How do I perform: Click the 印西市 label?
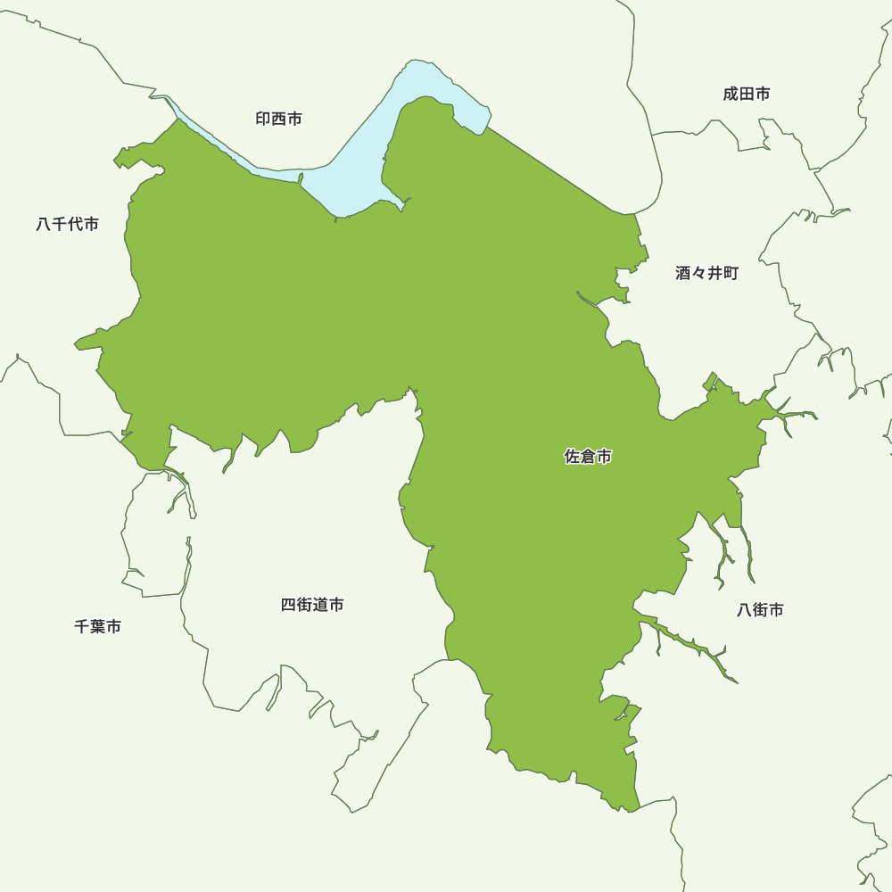tap(278, 119)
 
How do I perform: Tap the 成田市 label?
tap(747, 94)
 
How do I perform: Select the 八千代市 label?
tap(68, 224)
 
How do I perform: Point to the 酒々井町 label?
tap(706, 274)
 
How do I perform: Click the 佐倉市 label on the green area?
tap(589, 457)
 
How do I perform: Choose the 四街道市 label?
tap(312, 605)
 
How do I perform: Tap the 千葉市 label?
tap(98, 627)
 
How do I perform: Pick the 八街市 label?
tap(761, 610)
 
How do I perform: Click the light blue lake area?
tap(357, 169)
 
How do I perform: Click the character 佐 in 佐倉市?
tap(573, 457)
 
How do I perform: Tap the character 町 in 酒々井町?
tap(731, 274)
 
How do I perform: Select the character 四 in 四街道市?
tap(289, 605)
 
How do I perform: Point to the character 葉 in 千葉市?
tap(98, 627)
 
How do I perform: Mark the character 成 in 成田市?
tap(731, 94)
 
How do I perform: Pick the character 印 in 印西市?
tap(263, 119)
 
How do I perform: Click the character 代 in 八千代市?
tap(76, 224)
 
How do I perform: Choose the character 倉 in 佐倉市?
tap(589, 457)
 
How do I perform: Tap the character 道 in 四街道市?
tap(320, 605)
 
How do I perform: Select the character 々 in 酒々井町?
tap(699, 274)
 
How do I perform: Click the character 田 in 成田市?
tap(747, 94)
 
